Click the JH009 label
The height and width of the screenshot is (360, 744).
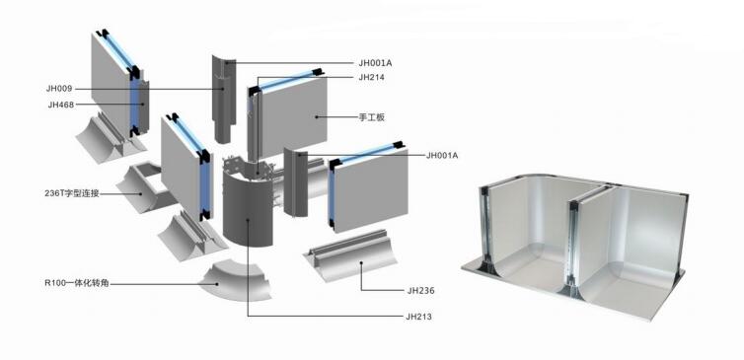(59, 88)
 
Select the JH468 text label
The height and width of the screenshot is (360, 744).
(61, 105)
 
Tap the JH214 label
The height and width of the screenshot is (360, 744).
(372, 77)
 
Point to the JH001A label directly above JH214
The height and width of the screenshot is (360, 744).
(375, 62)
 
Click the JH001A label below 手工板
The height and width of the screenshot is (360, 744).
(442, 155)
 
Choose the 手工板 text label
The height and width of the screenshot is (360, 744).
(372, 117)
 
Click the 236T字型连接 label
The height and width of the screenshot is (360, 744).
(71, 193)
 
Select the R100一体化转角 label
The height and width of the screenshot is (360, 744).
(76, 284)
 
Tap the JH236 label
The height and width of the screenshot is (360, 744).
(420, 290)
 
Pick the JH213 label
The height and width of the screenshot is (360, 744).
(418, 317)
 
